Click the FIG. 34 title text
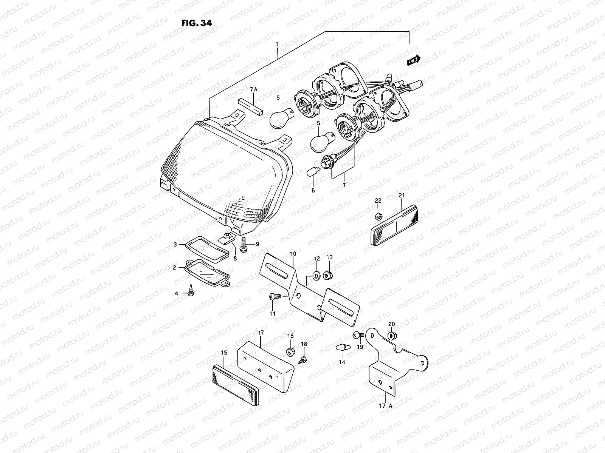tap(197, 23)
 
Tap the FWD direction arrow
tap(414, 60)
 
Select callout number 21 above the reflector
tap(402, 195)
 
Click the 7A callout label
tap(253, 89)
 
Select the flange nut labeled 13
tap(328, 274)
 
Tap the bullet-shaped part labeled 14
tap(341, 347)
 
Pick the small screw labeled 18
tap(303, 361)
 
